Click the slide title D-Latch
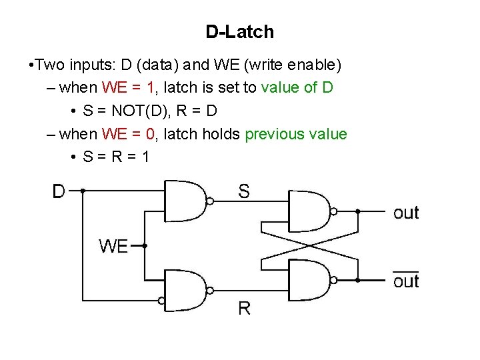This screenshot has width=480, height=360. coord(239,31)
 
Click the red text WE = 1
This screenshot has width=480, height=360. coord(128,87)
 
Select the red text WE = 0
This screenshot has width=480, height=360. coord(128,134)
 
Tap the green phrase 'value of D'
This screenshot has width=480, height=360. coord(297,87)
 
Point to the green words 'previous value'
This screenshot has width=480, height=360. coord(296,134)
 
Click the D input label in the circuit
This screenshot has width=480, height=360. coord(59,191)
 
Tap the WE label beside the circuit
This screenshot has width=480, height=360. coord(113,246)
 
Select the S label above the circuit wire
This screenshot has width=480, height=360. coord(244,191)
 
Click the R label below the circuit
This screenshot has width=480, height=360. coord(244,308)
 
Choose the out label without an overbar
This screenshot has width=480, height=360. coord(406,213)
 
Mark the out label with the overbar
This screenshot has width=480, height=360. coord(406,281)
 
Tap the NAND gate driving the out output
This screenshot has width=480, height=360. coord(309,211)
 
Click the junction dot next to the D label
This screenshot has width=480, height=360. coord(83,191)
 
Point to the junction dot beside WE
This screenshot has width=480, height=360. coord(145,245)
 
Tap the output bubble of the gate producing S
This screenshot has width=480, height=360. coord(210,201)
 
